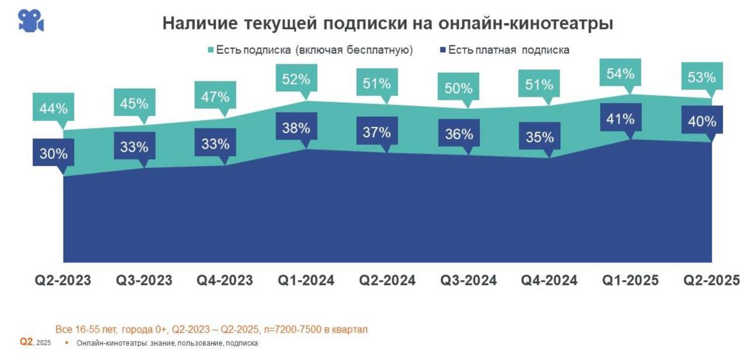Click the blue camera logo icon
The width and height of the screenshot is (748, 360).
point(31,20)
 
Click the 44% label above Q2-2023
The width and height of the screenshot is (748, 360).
point(54,109)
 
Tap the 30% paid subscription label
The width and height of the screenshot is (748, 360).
point(54,154)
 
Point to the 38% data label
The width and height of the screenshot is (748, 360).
point(296,129)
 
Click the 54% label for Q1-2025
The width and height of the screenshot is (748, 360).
point(620,74)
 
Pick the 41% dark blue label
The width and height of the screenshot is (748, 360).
point(620,119)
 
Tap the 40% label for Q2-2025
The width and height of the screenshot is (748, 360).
point(702,122)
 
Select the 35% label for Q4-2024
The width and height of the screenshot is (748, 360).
point(539,137)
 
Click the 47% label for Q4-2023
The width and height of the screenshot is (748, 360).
point(215,97)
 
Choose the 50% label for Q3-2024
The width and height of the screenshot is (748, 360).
point(459,89)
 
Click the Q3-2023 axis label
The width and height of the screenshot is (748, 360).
point(144,281)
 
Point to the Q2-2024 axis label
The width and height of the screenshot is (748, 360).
point(387,281)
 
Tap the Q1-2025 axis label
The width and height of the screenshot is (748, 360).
point(630,281)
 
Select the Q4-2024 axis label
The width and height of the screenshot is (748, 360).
point(549,281)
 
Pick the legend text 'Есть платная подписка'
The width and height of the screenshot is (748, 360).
point(508,50)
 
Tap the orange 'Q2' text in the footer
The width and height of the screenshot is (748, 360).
point(26,342)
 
